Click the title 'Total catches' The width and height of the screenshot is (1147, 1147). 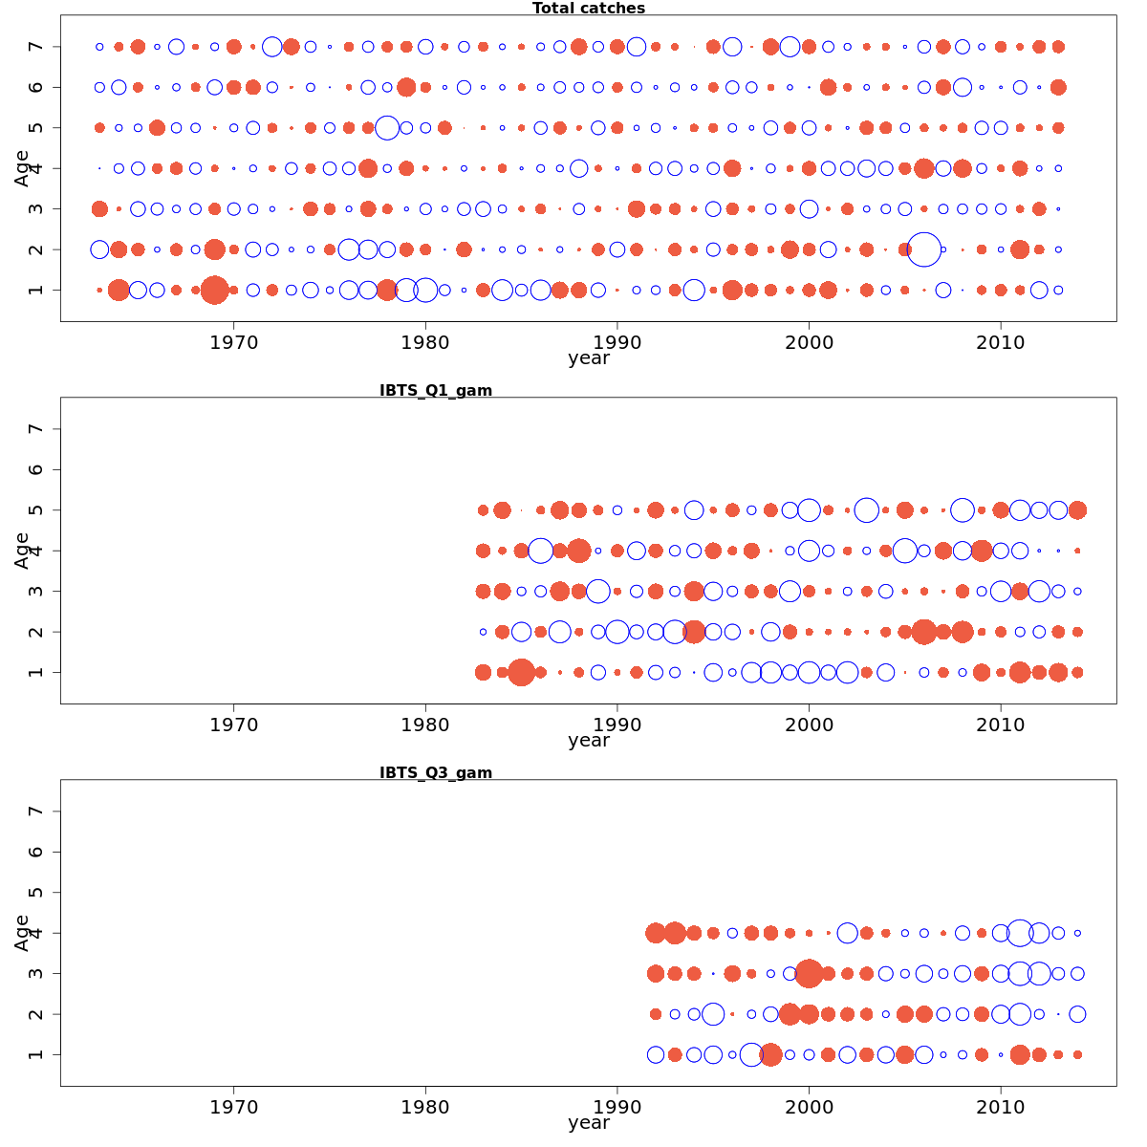[589, 9]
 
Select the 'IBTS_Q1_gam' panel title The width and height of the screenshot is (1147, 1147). [436, 390]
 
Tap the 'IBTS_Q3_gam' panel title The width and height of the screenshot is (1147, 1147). [436, 772]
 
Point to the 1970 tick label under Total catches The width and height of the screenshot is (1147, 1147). [234, 342]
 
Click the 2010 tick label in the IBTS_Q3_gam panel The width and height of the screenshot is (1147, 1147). [1001, 1107]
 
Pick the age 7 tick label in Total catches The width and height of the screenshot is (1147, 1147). [35, 47]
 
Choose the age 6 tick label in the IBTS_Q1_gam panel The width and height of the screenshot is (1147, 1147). [35, 469]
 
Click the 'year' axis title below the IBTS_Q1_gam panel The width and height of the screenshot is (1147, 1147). [589, 741]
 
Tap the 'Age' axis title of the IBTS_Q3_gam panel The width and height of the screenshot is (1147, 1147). [22, 933]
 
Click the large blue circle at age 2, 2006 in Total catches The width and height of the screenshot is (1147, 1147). [923, 249]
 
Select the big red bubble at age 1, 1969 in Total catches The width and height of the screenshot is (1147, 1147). [215, 290]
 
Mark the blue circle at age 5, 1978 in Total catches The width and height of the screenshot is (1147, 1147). [387, 127]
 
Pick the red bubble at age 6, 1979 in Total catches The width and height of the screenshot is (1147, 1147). [406, 87]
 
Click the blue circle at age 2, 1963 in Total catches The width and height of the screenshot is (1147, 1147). [99, 249]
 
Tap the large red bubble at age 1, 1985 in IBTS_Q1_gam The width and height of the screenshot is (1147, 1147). [521, 672]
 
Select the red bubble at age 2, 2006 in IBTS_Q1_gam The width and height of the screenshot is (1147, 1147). [923, 632]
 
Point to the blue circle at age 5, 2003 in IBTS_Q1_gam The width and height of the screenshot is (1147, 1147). [866, 510]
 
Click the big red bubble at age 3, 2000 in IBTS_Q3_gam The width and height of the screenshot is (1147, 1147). [809, 973]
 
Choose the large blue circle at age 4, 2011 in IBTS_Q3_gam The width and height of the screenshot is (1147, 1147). [1020, 933]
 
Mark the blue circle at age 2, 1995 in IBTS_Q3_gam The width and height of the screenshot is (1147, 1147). [713, 1014]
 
